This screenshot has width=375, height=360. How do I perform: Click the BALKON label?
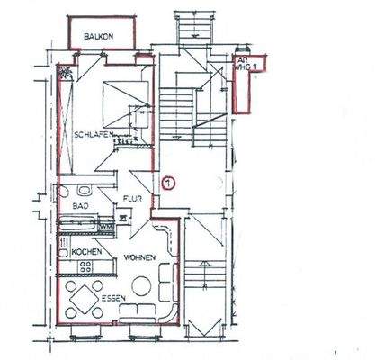click(x=98, y=36)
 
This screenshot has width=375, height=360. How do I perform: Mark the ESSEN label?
click(x=112, y=297)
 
